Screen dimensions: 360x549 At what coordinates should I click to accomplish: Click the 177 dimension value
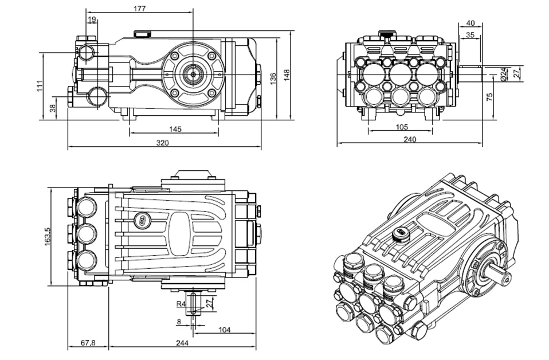139,9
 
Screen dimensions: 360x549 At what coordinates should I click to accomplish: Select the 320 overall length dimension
163,143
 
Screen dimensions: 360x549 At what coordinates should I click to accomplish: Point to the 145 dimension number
175,129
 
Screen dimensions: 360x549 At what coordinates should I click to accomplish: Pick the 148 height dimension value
287,75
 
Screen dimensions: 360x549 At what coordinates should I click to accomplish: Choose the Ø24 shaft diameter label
503,73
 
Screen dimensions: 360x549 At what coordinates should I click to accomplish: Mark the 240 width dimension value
409,139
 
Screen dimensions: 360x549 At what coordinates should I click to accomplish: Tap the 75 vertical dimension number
489,96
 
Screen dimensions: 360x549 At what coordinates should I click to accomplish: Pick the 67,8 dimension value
88,343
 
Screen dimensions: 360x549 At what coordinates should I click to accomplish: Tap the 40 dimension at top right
470,23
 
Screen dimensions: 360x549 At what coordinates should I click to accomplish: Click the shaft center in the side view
193,73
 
